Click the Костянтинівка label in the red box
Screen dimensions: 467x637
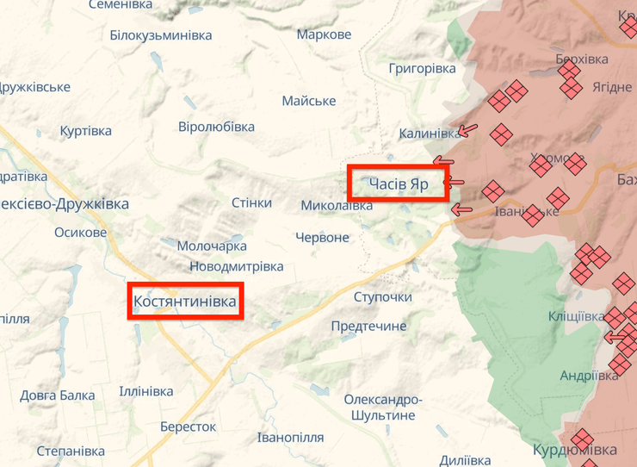point(185,302)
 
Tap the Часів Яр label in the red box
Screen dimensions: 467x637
point(399,184)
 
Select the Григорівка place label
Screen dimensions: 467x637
point(422,68)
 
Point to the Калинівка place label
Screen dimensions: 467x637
point(429,134)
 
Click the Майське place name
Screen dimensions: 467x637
point(308,101)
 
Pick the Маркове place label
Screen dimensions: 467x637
point(324,35)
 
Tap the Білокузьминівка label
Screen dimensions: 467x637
point(161,35)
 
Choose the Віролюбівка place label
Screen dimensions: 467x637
point(216,127)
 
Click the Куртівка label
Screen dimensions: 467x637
point(86,131)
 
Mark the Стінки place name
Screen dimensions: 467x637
point(251,202)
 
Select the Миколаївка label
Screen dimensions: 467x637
point(337,206)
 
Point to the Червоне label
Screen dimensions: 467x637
point(322,237)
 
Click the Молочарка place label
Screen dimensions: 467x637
point(212,246)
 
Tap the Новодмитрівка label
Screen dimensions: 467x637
point(236,266)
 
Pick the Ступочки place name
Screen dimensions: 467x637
point(383,297)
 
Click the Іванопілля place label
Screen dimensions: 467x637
point(290,437)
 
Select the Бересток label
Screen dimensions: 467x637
point(188,427)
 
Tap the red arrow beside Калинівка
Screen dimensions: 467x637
point(467,132)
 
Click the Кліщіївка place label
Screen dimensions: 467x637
point(576,316)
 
